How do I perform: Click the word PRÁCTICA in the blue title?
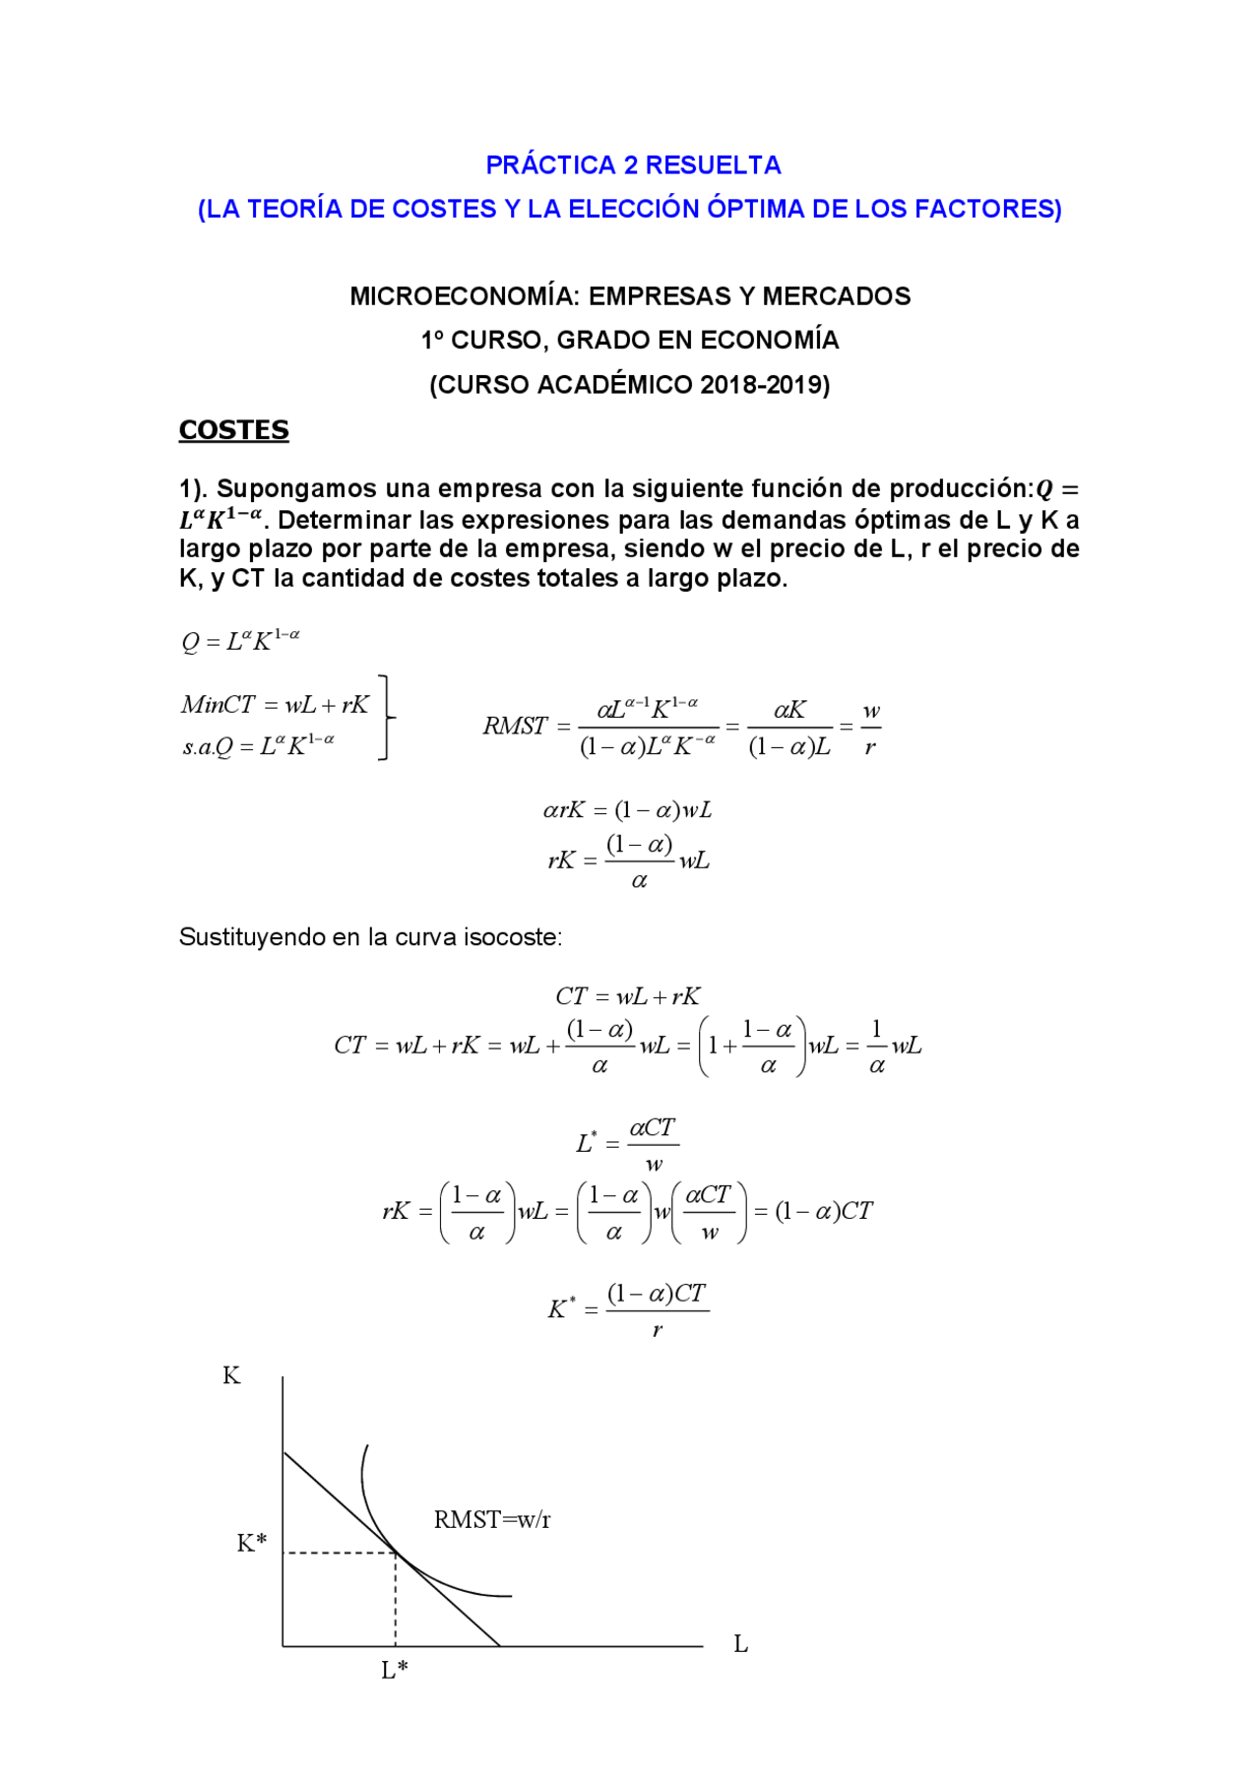click(551, 165)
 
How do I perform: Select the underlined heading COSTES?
click(233, 430)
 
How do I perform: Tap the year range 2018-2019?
click(765, 385)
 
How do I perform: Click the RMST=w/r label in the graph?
click(492, 1519)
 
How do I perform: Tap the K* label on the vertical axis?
click(251, 1543)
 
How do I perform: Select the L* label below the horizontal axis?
click(395, 1670)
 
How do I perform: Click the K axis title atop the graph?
click(231, 1375)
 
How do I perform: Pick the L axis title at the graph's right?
click(741, 1644)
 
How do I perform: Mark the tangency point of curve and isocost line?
click(396, 1553)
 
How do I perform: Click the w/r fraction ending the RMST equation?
click(870, 729)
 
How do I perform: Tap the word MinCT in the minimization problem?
click(218, 705)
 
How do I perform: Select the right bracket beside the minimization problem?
click(387, 718)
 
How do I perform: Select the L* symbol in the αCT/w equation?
click(586, 1143)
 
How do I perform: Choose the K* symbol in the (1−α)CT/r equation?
click(561, 1308)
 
